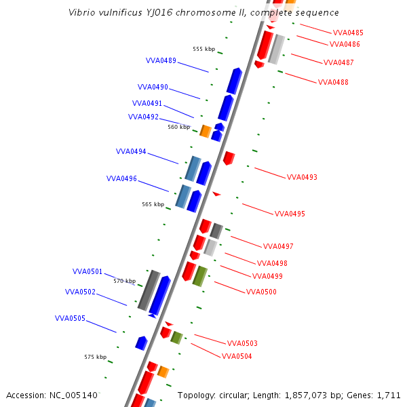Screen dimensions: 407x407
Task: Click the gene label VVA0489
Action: tap(161, 60)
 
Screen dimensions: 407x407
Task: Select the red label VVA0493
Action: tap(302, 178)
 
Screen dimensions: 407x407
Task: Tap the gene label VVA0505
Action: tap(70, 318)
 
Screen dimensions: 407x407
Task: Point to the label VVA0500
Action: tap(261, 292)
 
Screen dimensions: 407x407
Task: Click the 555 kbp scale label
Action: tap(203, 49)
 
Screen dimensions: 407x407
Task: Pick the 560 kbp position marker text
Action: tap(179, 127)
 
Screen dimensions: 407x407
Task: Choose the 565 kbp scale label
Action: tap(153, 204)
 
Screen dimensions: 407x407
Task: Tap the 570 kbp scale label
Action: tap(124, 281)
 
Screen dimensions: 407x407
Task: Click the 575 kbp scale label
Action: tap(95, 357)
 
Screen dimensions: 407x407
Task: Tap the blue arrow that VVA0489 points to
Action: tap(234, 81)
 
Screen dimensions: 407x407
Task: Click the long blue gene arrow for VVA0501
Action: tap(159, 296)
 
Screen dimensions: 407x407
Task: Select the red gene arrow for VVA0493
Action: tap(229, 158)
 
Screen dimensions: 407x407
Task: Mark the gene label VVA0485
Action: tap(348, 33)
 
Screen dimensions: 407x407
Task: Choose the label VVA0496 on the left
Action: tap(121, 179)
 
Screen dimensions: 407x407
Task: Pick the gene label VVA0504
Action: tap(237, 356)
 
